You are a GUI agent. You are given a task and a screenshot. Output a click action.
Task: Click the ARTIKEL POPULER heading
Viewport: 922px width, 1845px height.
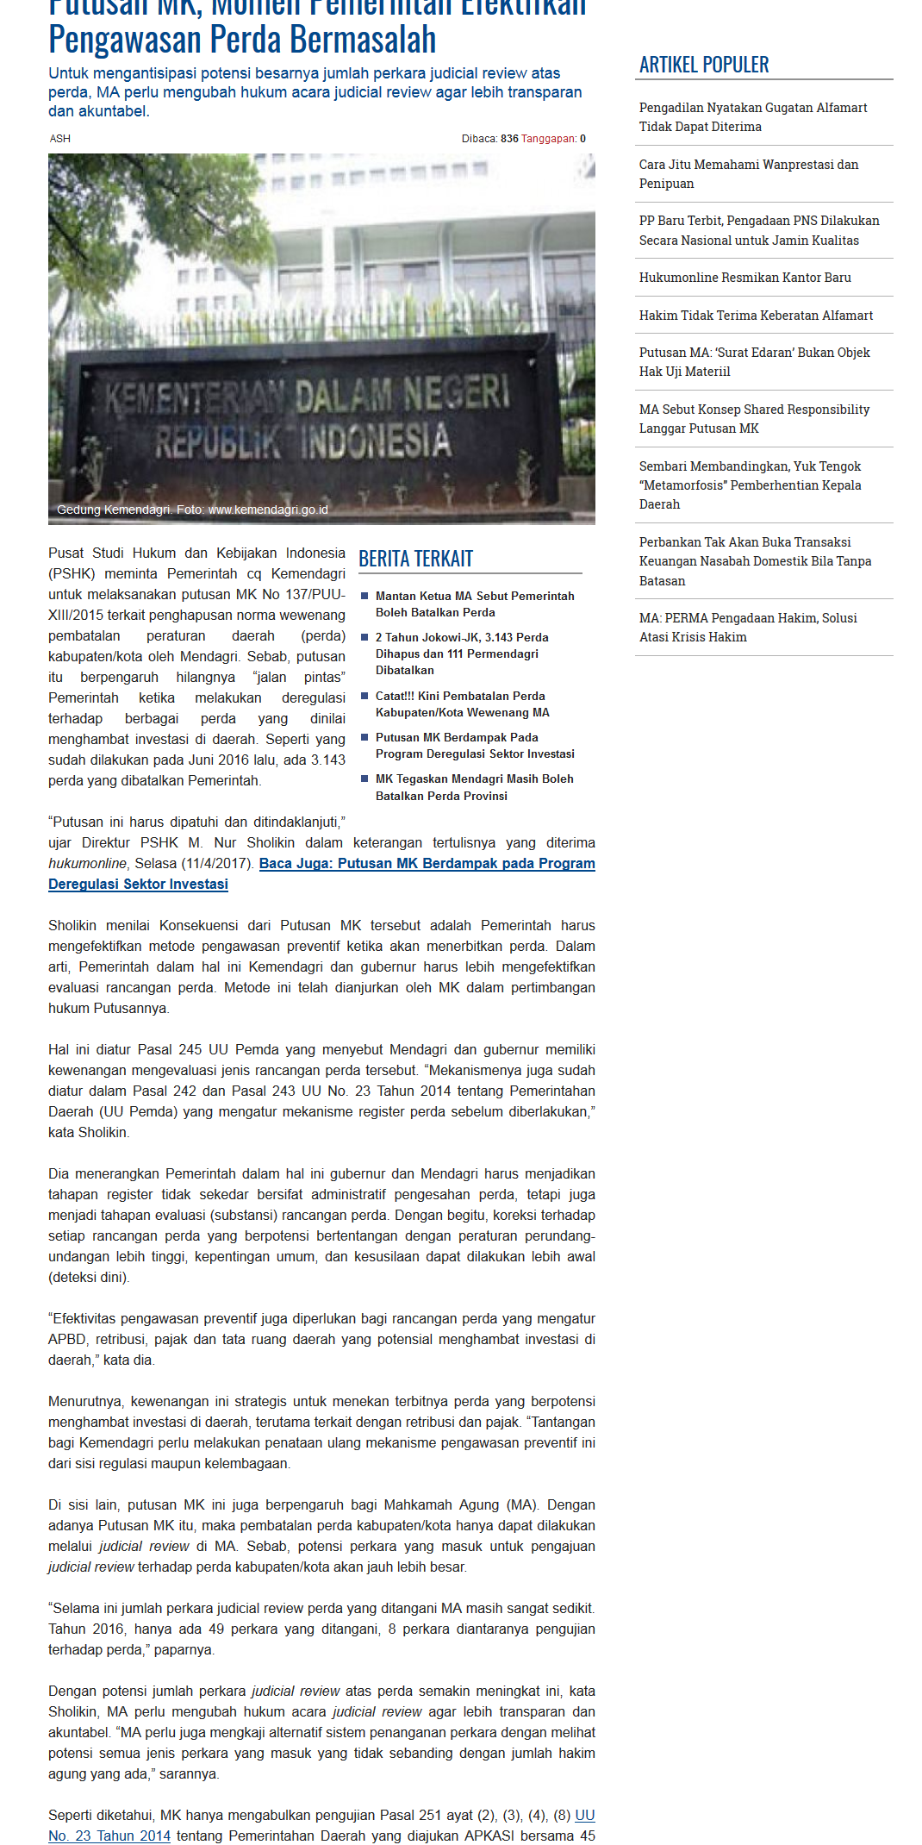point(704,65)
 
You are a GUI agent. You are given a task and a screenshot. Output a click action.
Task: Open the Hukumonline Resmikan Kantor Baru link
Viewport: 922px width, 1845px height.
point(744,278)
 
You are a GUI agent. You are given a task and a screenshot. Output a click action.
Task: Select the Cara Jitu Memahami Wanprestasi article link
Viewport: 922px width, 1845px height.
point(748,173)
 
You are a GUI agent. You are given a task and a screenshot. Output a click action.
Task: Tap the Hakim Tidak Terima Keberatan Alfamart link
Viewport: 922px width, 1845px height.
point(756,316)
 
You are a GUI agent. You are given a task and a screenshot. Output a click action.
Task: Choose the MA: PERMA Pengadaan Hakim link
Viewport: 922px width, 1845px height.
point(747,627)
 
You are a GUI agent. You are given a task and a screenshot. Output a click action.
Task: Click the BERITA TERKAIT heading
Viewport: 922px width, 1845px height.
point(415,559)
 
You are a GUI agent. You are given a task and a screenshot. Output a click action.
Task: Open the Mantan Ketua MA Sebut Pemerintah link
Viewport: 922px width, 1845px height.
point(474,604)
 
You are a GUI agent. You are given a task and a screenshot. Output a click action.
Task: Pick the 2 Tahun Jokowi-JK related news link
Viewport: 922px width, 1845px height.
point(461,654)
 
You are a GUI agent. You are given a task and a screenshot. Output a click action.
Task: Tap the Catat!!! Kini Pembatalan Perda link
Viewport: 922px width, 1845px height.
point(462,704)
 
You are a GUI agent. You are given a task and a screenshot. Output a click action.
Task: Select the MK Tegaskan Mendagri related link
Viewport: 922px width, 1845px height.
point(474,786)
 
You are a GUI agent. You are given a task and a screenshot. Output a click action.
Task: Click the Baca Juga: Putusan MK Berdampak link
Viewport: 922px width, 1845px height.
point(427,864)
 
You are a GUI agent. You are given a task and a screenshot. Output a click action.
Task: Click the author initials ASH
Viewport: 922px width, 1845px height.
point(59,139)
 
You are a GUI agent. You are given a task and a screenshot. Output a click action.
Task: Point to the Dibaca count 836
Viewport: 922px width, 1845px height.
point(509,139)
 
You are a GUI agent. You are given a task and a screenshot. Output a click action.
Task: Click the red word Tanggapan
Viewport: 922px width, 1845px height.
point(548,139)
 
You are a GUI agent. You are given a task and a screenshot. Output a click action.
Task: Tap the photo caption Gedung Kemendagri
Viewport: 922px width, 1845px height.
point(192,510)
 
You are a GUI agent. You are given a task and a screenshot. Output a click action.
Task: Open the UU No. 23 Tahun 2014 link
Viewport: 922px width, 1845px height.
point(109,1836)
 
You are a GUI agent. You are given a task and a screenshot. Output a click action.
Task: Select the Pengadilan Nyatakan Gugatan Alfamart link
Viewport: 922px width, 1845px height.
point(752,116)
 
